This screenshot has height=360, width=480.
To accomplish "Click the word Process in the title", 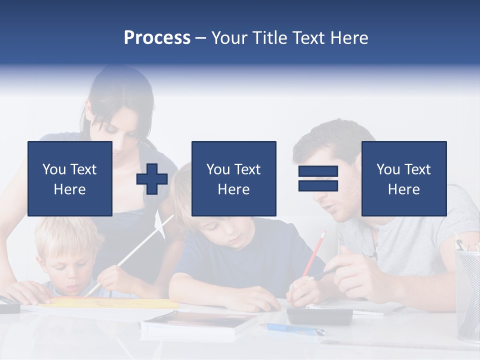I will coord(157,38).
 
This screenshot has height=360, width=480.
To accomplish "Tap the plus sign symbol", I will coord(152,179).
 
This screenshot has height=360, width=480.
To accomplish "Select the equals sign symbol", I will coord(318,178).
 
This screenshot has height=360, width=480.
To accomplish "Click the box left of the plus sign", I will coord(69,178).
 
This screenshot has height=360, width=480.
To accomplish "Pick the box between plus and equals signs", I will coord(233,178).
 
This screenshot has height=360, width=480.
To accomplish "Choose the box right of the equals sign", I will coord(403,178).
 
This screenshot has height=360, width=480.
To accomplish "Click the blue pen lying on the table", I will coord(295,329).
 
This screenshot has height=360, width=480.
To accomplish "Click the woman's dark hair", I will coord(120,90).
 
